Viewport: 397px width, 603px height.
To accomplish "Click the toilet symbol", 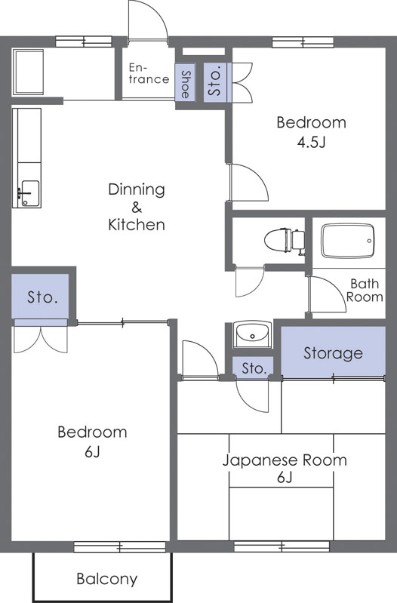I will point(285,240).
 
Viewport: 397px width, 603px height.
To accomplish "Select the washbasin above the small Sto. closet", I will point(252,333).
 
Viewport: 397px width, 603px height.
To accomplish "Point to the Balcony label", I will point(106,579).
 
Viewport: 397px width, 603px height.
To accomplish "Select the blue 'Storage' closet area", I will point(333,352).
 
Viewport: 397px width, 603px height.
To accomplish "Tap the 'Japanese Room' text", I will point(284,460).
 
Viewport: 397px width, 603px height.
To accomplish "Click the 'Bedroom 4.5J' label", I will point(310,131).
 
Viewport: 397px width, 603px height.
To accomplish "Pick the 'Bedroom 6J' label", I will point(92,441).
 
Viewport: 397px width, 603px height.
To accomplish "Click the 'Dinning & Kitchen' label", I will point(136,206).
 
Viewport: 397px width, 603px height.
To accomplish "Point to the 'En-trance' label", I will point(149,73).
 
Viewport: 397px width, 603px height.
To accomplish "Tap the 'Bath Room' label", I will point(364,291).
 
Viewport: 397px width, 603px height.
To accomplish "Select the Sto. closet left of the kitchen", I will point(42,297).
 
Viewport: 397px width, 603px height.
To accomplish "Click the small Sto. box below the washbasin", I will point(253,368).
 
